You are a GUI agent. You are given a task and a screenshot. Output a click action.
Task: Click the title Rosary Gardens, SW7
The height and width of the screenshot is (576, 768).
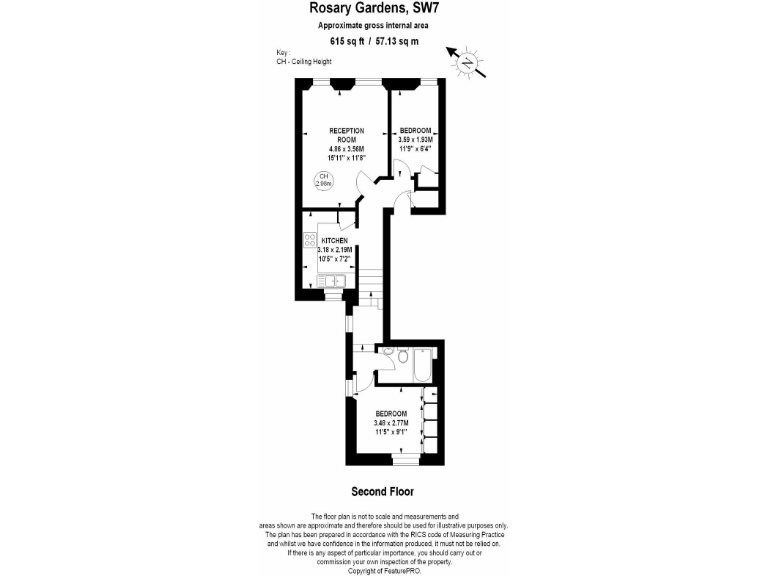point(383,9)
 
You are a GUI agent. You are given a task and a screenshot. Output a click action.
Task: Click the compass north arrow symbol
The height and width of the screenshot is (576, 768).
point(466,62)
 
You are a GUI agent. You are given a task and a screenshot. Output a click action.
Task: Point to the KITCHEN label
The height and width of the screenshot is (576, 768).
point(334,241)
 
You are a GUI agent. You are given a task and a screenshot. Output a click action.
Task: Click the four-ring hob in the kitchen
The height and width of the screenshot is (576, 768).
point(309,240)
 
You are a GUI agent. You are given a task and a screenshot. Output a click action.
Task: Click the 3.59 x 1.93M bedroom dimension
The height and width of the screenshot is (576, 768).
point(415,140)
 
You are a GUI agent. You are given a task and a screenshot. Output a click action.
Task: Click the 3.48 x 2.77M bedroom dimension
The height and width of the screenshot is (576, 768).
point(391,423)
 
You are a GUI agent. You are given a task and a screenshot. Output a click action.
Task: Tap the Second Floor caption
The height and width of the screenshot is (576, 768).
point(382,492)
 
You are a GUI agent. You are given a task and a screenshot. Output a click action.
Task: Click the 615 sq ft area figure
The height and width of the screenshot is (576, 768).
point(346,41)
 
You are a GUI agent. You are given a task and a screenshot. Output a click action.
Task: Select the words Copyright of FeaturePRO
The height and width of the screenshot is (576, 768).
point(383,571)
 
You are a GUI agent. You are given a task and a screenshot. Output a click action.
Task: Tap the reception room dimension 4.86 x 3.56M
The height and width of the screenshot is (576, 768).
point(346,149)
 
